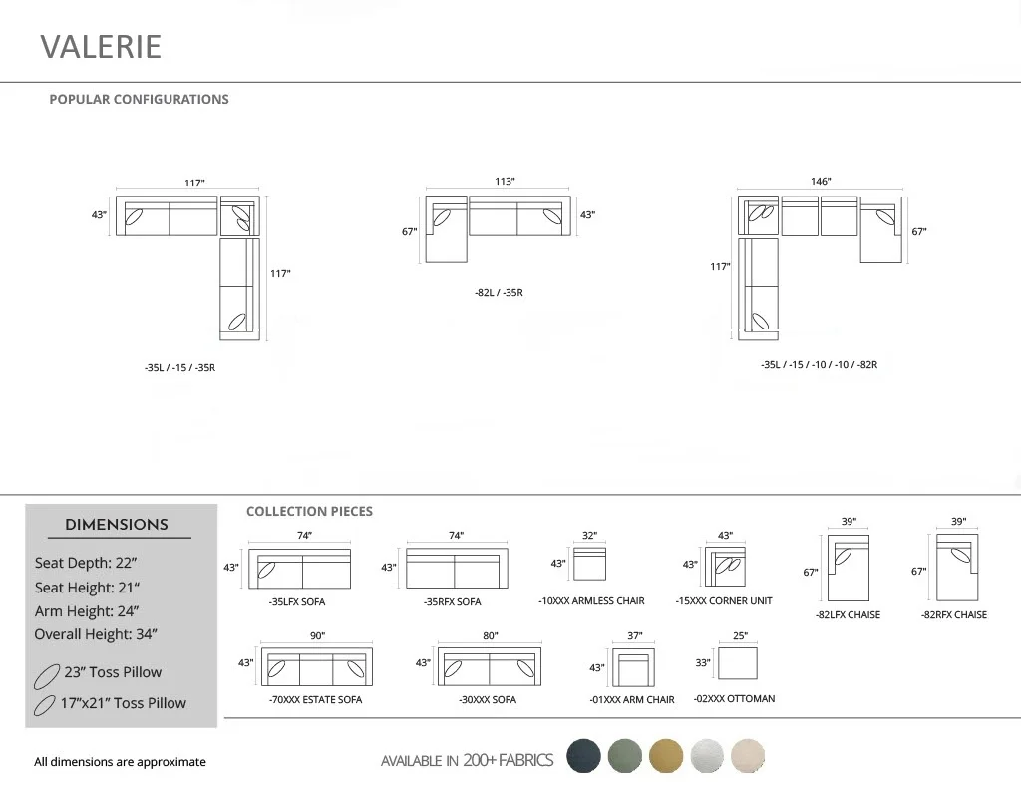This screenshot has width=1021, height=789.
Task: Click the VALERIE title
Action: point(101,47)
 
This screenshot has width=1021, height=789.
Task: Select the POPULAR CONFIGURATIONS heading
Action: point(139,99)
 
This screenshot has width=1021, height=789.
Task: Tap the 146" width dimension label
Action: point(821,182)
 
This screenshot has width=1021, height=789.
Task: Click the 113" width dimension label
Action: point(505,182)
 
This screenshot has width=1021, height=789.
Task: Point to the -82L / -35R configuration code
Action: point(499,293)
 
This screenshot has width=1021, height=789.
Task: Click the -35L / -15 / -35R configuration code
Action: point(179,367)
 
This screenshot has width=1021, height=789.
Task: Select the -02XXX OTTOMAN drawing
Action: point(738,663)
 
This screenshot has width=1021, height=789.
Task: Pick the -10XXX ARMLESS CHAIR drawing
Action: point(589,564)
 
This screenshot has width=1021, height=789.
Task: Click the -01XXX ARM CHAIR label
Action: point(631,700)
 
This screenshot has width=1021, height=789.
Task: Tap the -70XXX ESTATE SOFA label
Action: point(315,700)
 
